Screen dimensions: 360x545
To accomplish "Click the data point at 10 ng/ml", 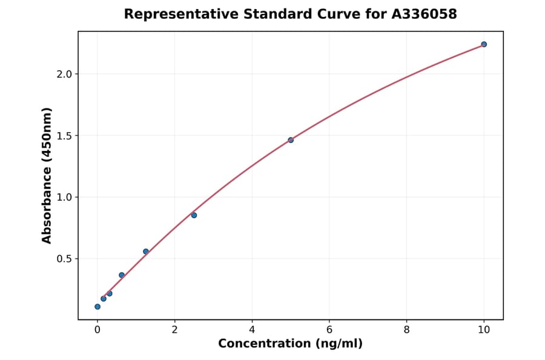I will click(484, 44).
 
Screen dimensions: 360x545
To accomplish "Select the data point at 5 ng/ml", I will click(291, 140).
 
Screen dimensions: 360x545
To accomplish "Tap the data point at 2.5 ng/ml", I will click(194, 215).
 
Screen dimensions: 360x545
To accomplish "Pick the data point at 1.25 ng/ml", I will click(146, 252).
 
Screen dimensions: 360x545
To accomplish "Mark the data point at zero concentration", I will click(97, 307).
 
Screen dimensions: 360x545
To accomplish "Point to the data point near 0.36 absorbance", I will click(122, 275).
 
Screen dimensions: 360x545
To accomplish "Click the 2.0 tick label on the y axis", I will click(63, 74).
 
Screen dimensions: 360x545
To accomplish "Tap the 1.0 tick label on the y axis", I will click(63, 197).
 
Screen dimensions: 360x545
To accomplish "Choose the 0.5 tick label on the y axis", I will click(63, 259).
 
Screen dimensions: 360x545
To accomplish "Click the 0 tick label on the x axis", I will click(97, 330).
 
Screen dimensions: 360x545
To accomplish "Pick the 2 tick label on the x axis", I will click(175, 330).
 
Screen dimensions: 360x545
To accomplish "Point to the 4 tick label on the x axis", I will click(252, 330).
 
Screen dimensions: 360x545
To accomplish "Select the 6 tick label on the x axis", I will click(329, 330).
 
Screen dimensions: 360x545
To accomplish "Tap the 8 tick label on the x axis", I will click(406, 330).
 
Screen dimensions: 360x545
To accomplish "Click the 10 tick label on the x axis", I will click(484, 330).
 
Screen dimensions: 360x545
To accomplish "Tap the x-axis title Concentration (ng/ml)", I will click(291, 344).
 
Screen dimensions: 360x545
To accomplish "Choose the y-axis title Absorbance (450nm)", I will click(47, 175).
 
